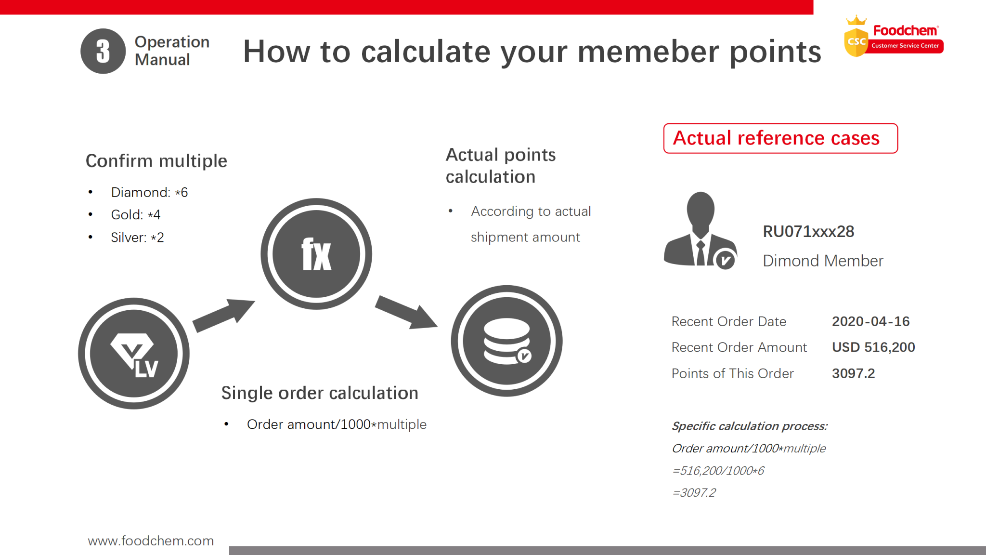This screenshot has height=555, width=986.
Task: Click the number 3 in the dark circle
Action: pyautogui.click(x=103, y=51)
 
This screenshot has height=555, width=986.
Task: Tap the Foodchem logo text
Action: pyautogui.click(x=905, y=31)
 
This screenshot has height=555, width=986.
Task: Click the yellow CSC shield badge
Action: pyautogui.click(x=856, y=41)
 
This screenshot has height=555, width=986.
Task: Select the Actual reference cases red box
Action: pyautogui.click(x=780, y=138)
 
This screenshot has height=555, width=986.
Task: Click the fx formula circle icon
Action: pyautogui.click(x=316, y=254)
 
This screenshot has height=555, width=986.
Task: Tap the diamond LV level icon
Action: pyautogui.click(x=134, y=354)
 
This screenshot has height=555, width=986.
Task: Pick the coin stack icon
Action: pyautogui.click(x=506, y=341)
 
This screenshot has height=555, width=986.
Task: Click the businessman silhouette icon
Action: pyautogui.click(x=700, y=230)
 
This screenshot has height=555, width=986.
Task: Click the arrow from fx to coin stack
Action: pyautogui.click(x=406, y=312)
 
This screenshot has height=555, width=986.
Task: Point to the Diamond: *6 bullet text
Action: pyautogui.click(x=149, y=192)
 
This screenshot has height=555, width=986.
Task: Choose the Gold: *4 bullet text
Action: pyautogui.click(x=135, y=215)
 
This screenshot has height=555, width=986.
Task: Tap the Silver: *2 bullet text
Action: pyautogui.click(x=137, y=238)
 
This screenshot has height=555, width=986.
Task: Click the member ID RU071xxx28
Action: pyautogui.click(x=808, y=232)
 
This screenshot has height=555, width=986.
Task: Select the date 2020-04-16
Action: pyautogui.click(x=870, y=321)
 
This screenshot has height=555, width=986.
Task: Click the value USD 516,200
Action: pyautogui.click(x=873, y=347)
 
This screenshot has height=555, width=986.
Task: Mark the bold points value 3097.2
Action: pyautogui.click(x=853, y=373)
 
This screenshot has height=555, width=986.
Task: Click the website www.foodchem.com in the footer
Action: pyautogui.click(x=151, y=541)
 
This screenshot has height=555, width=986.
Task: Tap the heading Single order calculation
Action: pyautogui.click(x=320, y=393)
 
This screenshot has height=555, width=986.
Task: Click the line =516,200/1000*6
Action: pyautogui.click(x=718, y=471)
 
